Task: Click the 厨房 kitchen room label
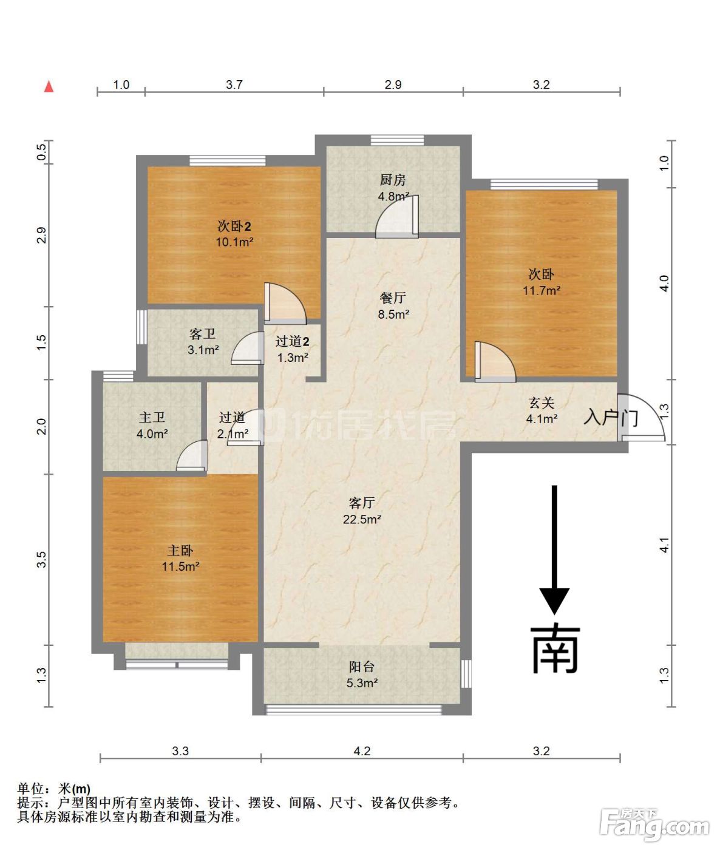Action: click(393, 180)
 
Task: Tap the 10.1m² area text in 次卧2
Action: click(234, 242)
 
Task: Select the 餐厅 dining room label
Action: click(393, 297)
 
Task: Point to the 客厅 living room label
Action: click(362, 503)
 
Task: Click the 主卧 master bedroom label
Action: click(180, 550)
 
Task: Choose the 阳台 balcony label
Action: click(362, 667)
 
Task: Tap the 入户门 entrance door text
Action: click(611, 418)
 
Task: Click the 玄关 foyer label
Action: click(542, 403)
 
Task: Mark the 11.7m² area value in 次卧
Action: click(542, 291)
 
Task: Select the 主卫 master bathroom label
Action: click(152, 417)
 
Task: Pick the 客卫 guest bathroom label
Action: click(202, 333)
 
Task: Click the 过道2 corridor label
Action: click(293, 341)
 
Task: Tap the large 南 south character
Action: click(555, 650)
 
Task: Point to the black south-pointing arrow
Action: click(554, 550)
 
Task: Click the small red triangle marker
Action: click(49, 86)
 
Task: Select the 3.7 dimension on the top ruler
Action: click(234, 85)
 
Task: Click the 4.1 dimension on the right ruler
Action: click(664, 545)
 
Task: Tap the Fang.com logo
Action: click(654, 824)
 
